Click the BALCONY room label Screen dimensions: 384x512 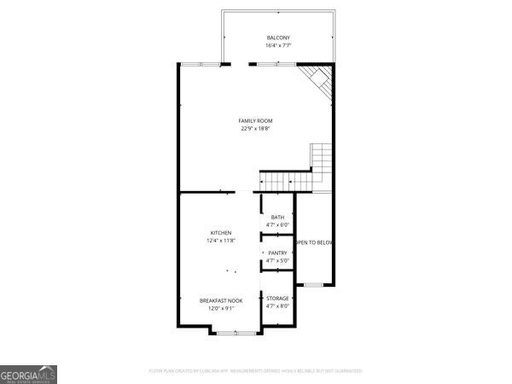click(x=278, y=38)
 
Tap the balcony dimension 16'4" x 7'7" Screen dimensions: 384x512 click(x=278, y=45)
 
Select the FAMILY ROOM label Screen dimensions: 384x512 click(x=255, y=121)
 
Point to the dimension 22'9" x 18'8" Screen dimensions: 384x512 click(x=255, y=129)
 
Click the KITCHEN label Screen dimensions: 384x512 click(x=221, y=233)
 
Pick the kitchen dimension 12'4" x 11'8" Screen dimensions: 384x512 click(x=221, y=241)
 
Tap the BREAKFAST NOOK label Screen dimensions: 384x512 click(x=221, y=300)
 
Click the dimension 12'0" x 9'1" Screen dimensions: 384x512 click(x=221, y=308)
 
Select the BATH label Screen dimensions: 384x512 click(x=277, y=218)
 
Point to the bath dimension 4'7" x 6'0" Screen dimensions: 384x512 click(x=277, y=225)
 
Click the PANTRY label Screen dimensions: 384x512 click(x=277, y=253)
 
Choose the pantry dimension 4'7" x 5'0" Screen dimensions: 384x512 click(x=277, y=260)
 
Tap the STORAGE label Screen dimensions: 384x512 click(x=277, y=298)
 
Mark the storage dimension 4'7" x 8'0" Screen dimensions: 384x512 click(x=277, y=305)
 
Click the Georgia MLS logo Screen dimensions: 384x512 click(x=29, y=375)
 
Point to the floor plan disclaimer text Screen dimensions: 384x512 click(x=256, y=371)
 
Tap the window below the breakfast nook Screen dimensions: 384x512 click(x=225, y=331)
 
